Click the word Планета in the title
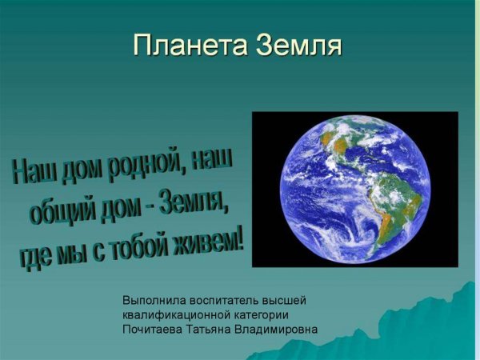pos(190,45)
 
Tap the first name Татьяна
pos(217,329)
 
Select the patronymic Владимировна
pos(283,329)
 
